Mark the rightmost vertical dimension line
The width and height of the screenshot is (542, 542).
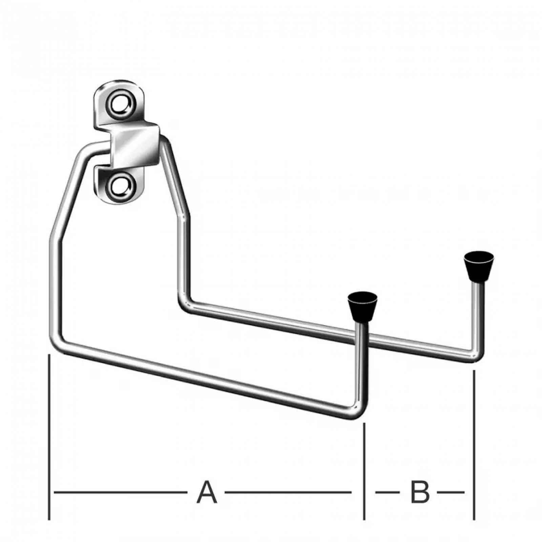pos(474,445)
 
